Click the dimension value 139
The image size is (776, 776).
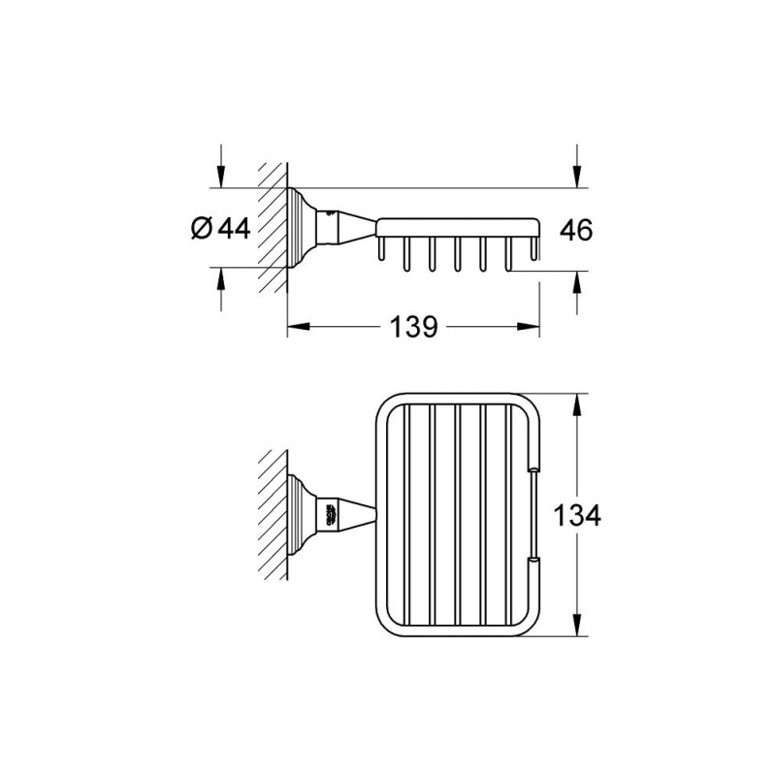(x=414, y=327)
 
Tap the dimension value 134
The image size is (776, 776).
(x=577, y=515)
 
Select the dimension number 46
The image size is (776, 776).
(x=576, y=230)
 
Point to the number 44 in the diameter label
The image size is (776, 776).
(x=234, y=228)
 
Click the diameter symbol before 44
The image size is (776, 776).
(x=202, y=229)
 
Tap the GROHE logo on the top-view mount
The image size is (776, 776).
(x=331, y=515)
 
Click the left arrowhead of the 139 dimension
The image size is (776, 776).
(x=299, y=327)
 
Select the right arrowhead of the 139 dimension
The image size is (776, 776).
(x=528, y=327)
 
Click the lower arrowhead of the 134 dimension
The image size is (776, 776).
(x=576, y=625)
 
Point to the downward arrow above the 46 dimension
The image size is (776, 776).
(x=576, y=166)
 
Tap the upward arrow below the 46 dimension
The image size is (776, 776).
(x=576, y=293)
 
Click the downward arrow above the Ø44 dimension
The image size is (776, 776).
(x=221, y=166)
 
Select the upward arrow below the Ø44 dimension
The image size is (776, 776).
(x=221, y=289)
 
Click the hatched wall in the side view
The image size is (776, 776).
(x=273, y=228)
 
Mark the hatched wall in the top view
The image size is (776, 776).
(x=273, y=515)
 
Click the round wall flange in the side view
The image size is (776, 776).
(x=302, y=228)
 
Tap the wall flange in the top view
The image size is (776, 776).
(x=302, y=515)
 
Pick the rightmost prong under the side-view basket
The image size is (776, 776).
(x=533, y=248)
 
